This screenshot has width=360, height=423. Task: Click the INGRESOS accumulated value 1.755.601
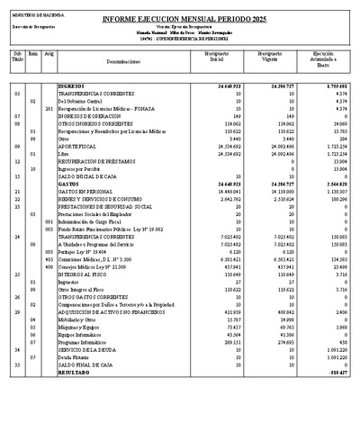[x=331, y=85]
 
